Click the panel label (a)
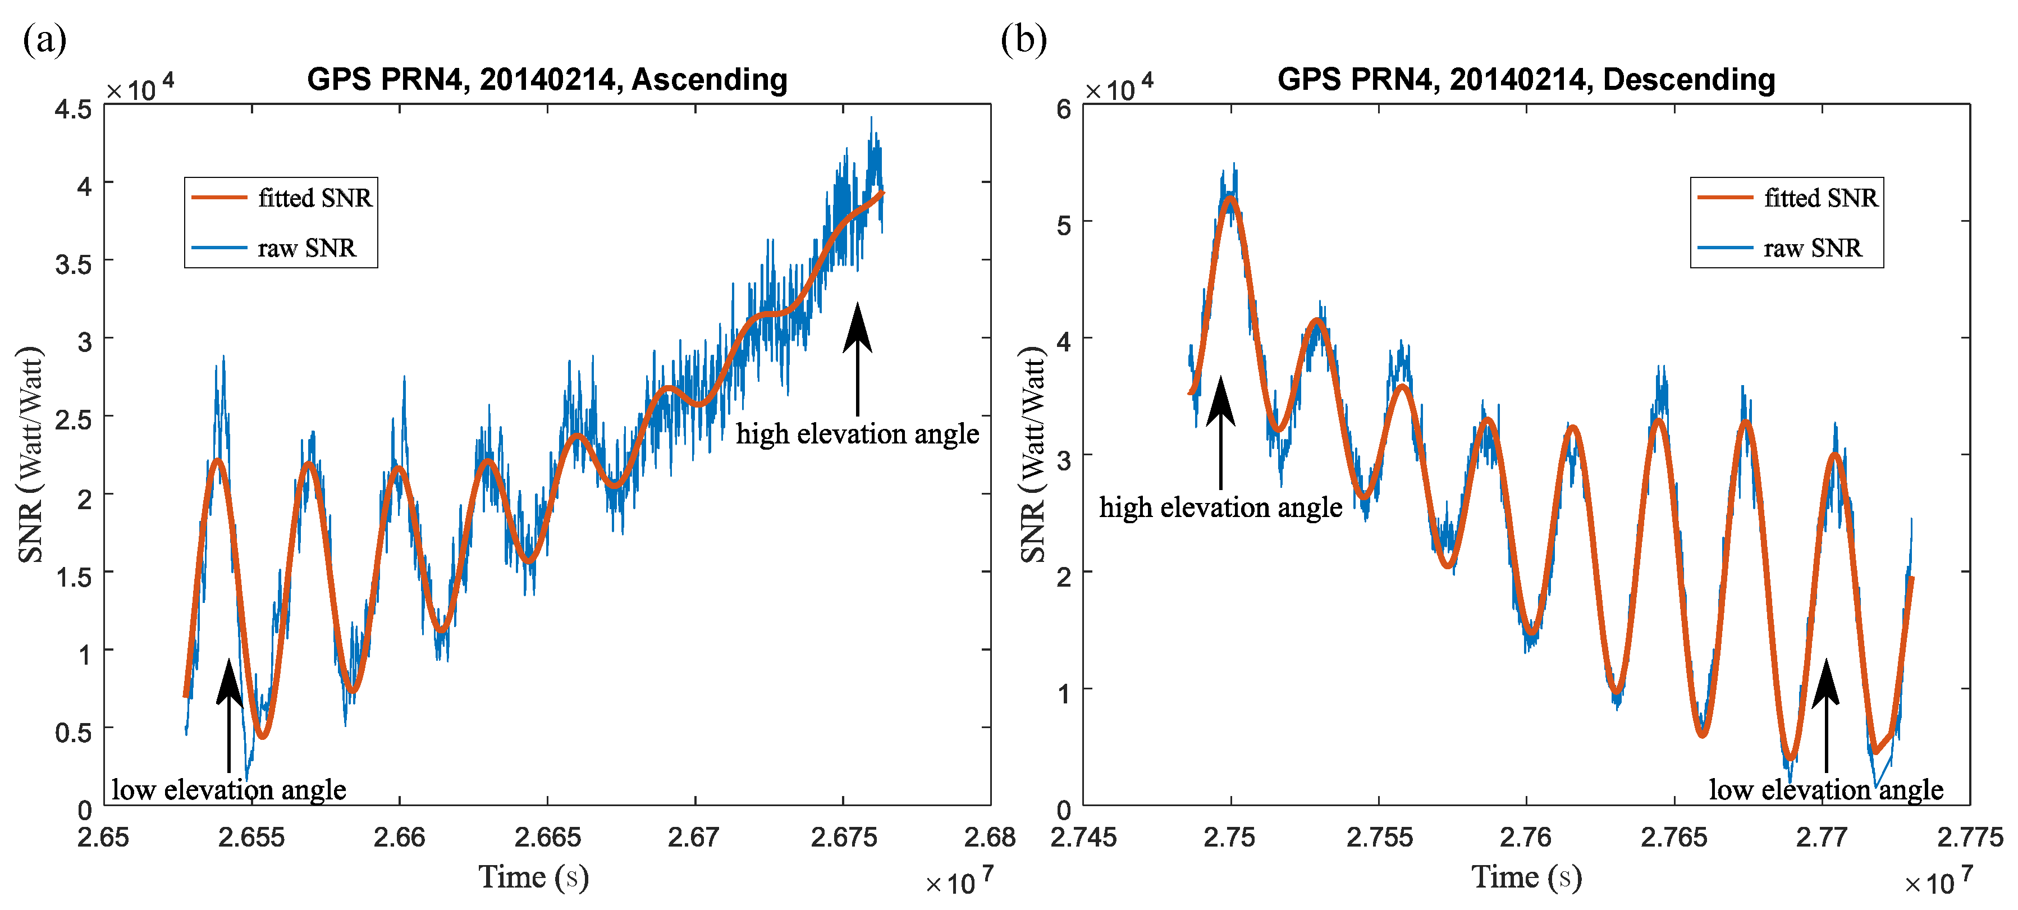[x=45, y=39]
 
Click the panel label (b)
[x=1023, y=39]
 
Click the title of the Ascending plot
[x=547, y=80]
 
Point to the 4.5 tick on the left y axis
[x=73, y=109]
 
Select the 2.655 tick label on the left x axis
[x=251, y=837]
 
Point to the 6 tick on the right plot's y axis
[x=1063, y=109]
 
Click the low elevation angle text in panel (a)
[x=229, y=789]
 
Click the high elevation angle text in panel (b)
[x=1220, y=507]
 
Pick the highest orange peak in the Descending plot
[x=1230, y=199]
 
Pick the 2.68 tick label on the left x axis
[x=990, y=837]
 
